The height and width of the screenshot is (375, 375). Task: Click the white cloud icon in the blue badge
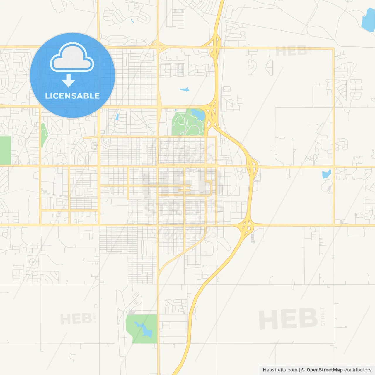(72, 58)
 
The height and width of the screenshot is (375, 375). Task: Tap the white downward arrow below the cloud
(68, 81)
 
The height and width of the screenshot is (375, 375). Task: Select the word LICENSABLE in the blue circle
(72, 96)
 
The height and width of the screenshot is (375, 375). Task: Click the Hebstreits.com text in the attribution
(280, 370)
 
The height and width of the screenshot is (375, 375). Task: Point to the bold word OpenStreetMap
(324, 370)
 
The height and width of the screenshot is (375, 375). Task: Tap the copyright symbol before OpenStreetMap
(303, 370)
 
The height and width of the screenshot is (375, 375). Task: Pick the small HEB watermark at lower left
(76, 319)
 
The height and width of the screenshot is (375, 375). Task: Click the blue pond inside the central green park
(199, 115)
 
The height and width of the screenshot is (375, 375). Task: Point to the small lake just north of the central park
(185, 89)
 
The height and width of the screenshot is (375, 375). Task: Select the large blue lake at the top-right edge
(368, 21)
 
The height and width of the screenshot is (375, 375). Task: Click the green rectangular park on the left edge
(5, 150)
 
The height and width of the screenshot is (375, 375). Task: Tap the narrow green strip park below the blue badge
(44, 135)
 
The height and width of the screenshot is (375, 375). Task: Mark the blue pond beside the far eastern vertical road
(327, 174)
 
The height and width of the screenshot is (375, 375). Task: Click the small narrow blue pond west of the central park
(117, 117)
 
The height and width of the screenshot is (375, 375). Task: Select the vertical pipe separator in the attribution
(299, 370)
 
